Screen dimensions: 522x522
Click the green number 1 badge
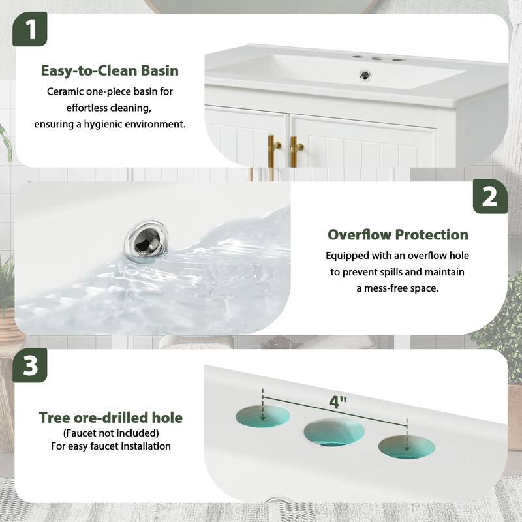coord(30,29)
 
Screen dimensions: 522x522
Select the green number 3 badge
coord(30,366)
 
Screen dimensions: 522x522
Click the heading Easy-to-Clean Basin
coord(110,70)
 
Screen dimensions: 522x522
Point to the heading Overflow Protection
coord(398,234)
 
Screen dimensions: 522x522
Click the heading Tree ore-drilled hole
coord(111,417)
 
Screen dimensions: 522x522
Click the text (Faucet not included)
coord(111,433)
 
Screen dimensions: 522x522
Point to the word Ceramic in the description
coord(65,92)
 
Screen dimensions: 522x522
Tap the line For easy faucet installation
coord(111,446)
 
